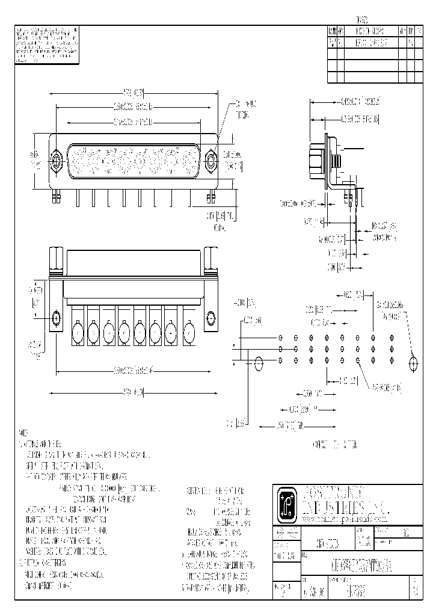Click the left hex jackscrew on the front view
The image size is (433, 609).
click(57, 161)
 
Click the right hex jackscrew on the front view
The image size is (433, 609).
click(211, 161)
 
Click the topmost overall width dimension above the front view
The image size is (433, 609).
click(134, 93)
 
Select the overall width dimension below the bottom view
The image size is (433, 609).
click(134, 393)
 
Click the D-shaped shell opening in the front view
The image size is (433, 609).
click(134, 160)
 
